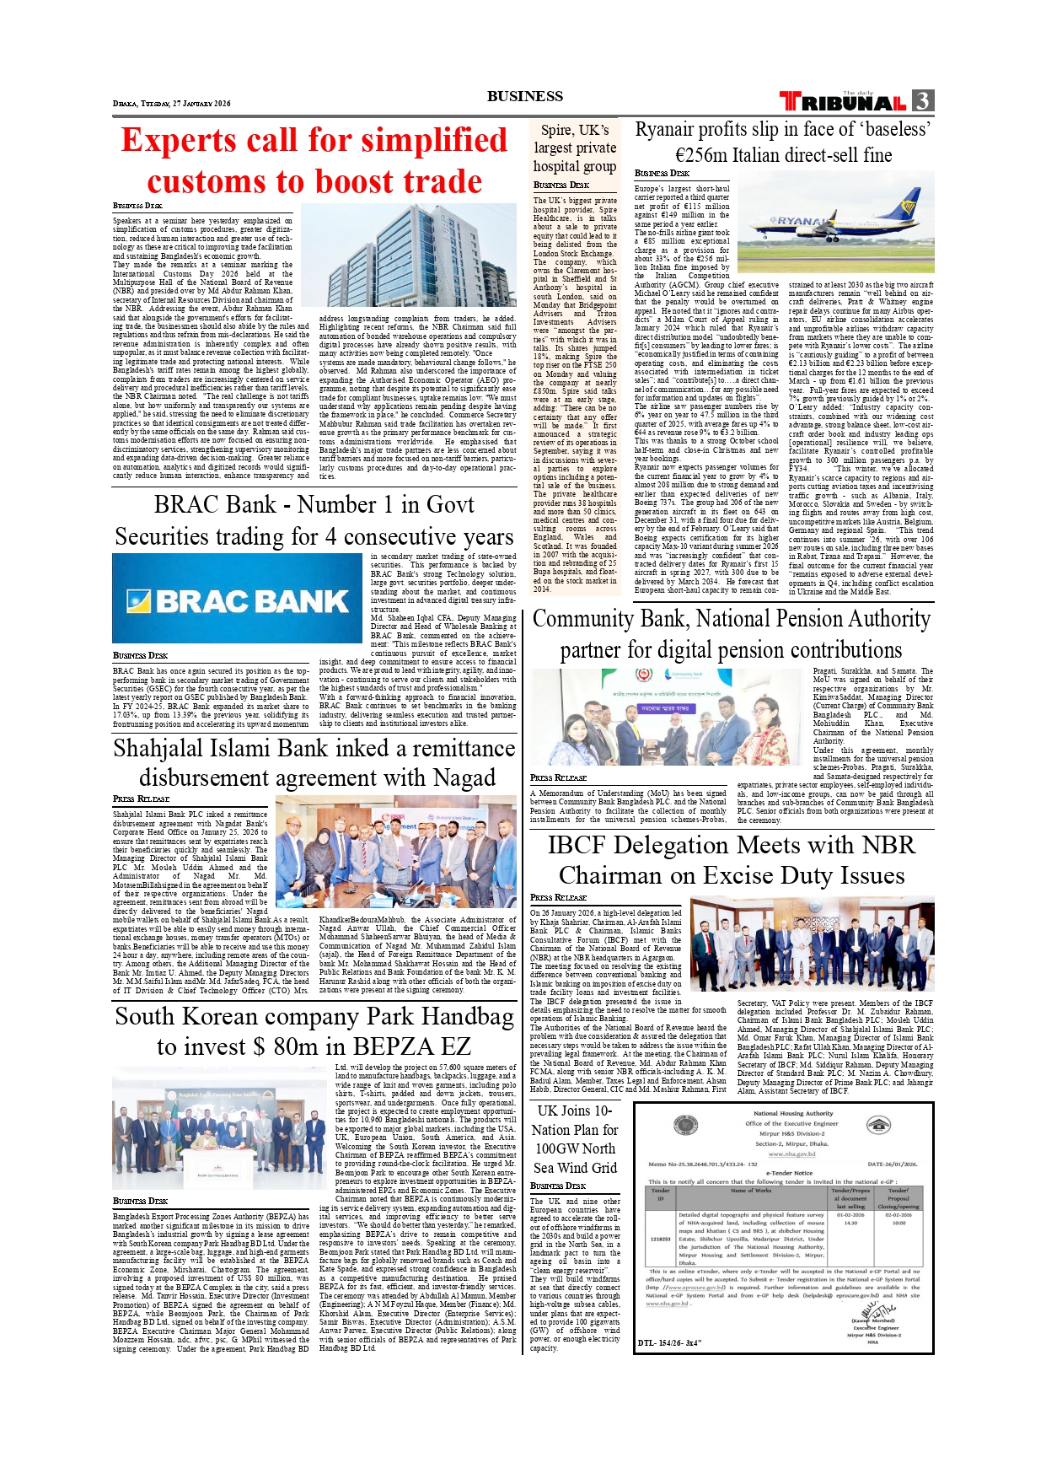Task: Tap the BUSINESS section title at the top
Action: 524,96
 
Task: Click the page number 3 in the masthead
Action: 923,101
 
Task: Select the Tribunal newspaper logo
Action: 843,102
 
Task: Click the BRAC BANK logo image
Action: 237,600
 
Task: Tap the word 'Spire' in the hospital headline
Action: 556,130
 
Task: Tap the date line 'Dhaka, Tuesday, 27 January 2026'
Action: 171,104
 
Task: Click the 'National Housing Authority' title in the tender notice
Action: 793,1113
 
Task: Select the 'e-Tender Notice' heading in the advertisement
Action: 789,1173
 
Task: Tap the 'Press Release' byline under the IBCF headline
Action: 558,898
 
